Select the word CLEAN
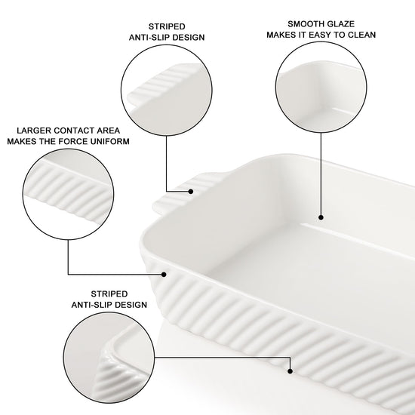(361, 35)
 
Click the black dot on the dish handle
(191, 192)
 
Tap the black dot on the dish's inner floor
(321, 217)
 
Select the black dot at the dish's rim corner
(164, 275)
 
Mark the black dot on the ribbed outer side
(290, 371)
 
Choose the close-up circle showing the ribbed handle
(167, 91)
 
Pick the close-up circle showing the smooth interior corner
(321, 87)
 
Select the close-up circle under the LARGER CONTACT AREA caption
(68, 194)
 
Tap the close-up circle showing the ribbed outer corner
(109, 358)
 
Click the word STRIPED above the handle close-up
(167, 26)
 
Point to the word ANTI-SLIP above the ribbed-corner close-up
(88, 305)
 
